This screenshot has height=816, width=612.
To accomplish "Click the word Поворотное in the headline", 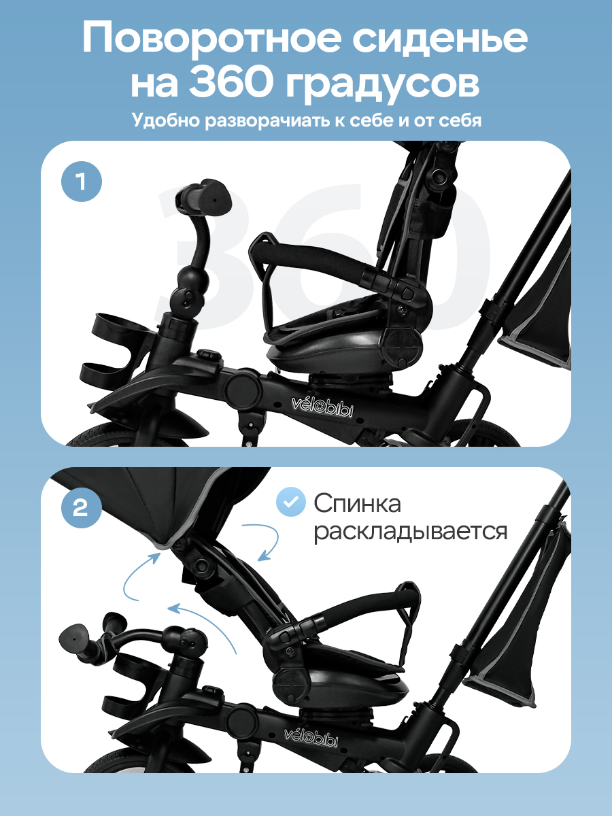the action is click(x=210, y=38).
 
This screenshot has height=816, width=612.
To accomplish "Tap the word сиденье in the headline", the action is click(x=440, y=38).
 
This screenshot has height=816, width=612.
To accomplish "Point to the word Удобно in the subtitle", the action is click(x=166, y=120).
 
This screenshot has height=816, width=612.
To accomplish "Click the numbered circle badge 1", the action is click(x=82, y=182).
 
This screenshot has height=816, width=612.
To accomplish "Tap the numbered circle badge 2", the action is click(x=82, y=507).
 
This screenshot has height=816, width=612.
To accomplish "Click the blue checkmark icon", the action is click(x=290, y=502).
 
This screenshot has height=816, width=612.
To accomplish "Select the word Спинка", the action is click(x=358, y=504).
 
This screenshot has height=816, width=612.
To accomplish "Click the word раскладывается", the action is click(x=410, y=532).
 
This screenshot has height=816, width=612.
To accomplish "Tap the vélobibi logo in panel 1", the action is click(x=322, y=407).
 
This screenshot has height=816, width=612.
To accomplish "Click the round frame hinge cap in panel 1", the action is click(x=242, y=388).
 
